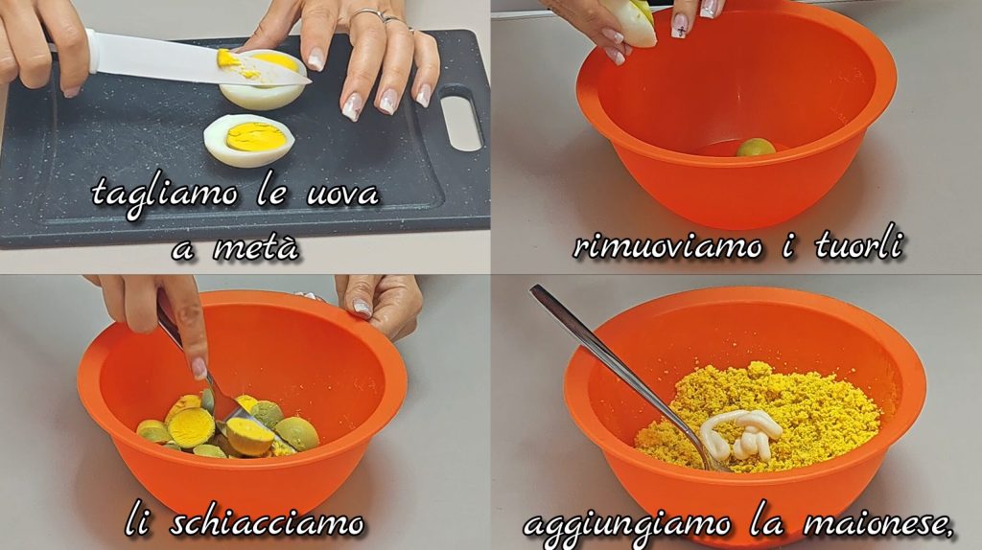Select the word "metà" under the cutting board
pyautogui.click(x=256, y=247)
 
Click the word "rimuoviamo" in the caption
pyautogui.click(x=667, y=246)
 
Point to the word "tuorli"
pyautogui.click(x=859, y=244)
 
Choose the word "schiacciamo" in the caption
pyautogui.click(x=267, y=522)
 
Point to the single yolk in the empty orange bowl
pyautogui.click(x=756, y=148)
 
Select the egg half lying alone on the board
pyautogui.click(x=249, y=140)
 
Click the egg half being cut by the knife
pyautogui.click(x=263, y=80)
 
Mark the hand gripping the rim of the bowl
pyautogui.click(x=379, y=304)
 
